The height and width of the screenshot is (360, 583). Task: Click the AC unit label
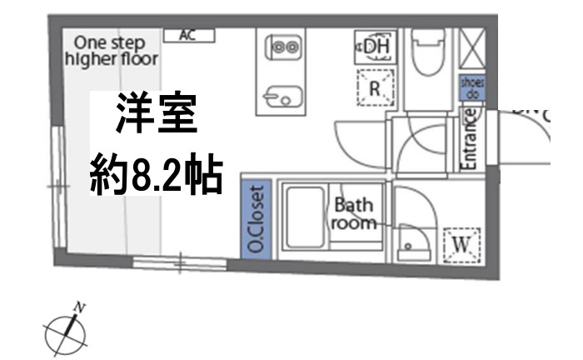pos(189,35)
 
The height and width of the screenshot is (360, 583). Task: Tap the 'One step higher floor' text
pos(111,50)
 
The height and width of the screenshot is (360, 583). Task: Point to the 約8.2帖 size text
pos(156,175)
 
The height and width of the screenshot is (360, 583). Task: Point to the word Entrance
pos(469,143)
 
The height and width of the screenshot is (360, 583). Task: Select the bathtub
pos(304,218)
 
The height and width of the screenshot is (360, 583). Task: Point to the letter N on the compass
pos(80,308)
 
